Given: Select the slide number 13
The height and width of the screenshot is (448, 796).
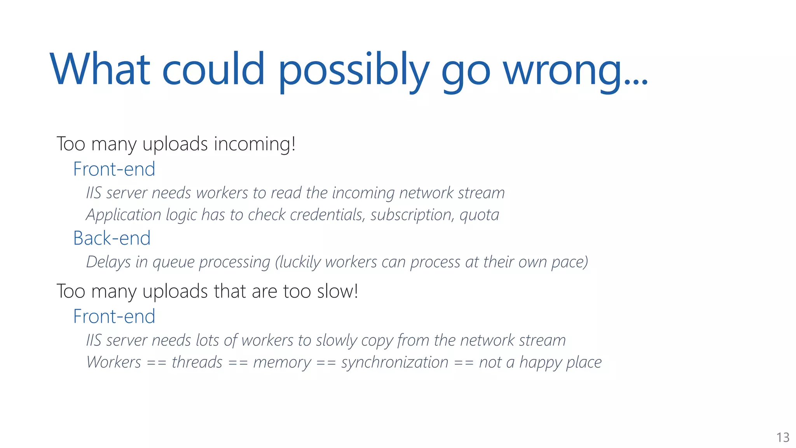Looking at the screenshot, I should (x=783, y=437).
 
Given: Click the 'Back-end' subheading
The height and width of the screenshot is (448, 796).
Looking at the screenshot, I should (x=112, y=238).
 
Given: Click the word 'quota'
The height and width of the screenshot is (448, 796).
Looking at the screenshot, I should (x=479, y=215).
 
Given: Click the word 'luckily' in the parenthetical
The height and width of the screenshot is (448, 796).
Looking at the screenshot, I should (x=300, y=262).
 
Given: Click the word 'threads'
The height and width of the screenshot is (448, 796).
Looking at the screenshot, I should (x=197, y=362).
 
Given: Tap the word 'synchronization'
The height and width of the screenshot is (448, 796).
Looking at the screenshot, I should (x=395, y=362).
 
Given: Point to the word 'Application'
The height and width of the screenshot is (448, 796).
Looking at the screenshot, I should (x=124, y=215).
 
